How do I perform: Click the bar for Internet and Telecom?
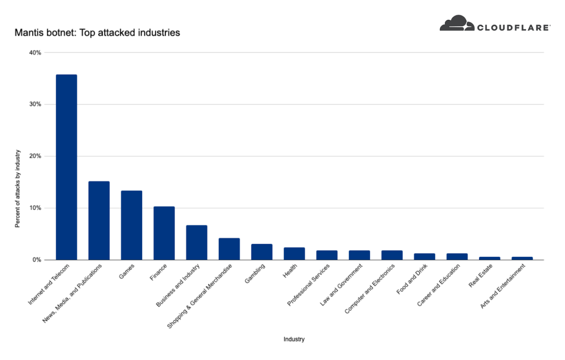(66, 167)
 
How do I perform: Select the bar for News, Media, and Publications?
(99, 220)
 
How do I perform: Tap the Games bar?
(131, 225)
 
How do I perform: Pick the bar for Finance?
(164, 233)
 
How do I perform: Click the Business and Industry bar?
(197, 243)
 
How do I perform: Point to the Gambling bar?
(262, 252)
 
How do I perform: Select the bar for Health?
(294, 254)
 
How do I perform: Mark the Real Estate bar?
(489, 258)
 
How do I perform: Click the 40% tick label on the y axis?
(35, 53)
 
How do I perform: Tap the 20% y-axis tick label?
(35, 156)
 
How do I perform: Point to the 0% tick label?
(37, 260)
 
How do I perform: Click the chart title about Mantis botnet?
(97, 32)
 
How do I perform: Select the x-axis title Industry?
(294, 339)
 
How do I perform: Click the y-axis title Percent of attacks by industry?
(17, 188)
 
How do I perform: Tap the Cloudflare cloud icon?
(457, 23)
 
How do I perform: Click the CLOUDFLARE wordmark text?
(513, 28)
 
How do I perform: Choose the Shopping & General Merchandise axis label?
(200, 296)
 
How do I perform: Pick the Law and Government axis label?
(341, 285)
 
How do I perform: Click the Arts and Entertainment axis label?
(503, 286)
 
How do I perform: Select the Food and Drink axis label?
(412, 279)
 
